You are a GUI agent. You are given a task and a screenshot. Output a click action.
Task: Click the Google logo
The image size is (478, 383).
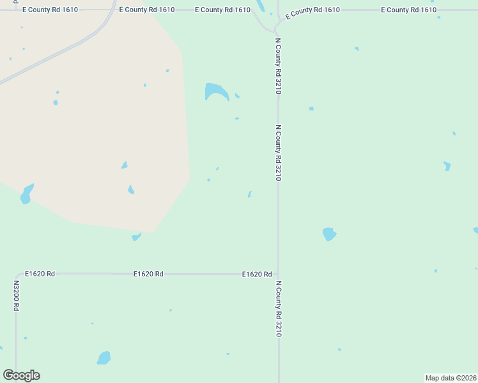pos(22,375)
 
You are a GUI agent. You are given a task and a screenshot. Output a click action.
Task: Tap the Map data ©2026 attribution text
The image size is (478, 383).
pos(451,378)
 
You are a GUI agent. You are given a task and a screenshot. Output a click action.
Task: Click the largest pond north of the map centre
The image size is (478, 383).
pos(215,91)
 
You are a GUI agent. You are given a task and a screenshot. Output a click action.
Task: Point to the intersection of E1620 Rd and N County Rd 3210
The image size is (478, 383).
pos(278,274)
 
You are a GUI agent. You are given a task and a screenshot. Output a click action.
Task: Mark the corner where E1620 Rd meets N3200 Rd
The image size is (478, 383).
pos(17,274)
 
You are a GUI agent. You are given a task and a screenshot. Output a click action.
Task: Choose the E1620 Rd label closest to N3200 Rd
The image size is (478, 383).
pos(40,274)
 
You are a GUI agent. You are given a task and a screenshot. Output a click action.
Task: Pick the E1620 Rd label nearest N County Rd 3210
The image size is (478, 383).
pos(257,274)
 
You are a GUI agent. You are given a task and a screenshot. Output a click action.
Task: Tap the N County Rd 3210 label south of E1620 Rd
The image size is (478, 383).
pos(279,308)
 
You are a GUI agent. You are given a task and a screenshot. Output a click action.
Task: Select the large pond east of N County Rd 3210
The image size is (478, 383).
pos(329,234)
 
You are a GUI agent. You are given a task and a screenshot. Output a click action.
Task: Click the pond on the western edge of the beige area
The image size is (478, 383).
pos(26,194)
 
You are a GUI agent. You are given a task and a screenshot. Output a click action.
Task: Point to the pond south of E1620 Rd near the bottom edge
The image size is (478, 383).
pos(104,358)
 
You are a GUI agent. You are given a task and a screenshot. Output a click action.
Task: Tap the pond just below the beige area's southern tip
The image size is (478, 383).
pos(135,237)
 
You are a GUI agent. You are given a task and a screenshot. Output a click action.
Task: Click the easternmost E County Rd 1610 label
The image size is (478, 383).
pos(408,10)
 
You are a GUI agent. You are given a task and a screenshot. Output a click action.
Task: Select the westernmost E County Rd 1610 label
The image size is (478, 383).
pos(50,10)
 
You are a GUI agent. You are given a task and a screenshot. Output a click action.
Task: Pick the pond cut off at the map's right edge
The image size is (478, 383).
pos(475,230)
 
